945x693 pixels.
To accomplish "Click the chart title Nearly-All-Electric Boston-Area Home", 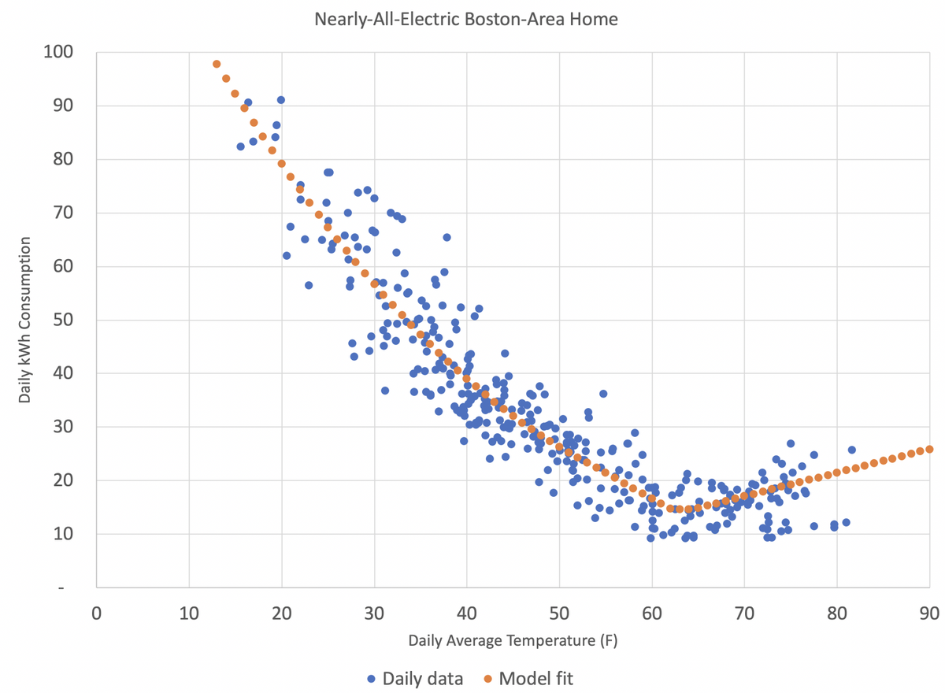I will point(466,19).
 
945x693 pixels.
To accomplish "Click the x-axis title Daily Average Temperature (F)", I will point(513,640).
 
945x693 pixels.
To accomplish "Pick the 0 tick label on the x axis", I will point(96,610).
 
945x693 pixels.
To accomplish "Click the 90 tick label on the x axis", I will point(929,610).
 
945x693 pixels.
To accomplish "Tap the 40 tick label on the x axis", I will point(466,610).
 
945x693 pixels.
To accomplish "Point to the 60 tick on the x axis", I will point(651,610).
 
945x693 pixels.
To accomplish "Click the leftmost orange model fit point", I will point(217,64).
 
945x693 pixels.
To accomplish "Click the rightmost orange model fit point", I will point(929,449).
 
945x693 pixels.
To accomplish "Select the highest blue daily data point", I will point(280,100).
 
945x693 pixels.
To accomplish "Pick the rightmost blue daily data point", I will point(851,450).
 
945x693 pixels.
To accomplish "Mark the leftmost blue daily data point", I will point(241,146).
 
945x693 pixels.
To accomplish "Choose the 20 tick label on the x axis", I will point(281,610).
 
